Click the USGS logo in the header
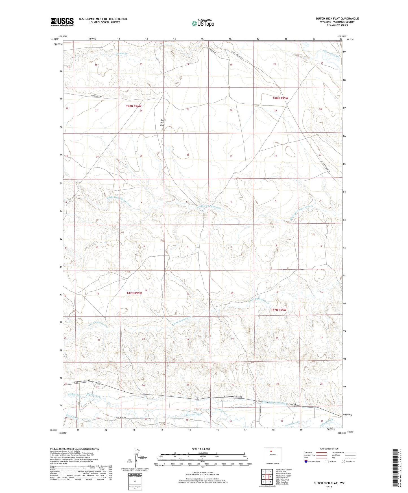pyautogui.click(x=62, y=22)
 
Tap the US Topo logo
pyautogui.click(x=203, y=23)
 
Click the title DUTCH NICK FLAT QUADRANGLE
pyautogui.click(x=337, y=19)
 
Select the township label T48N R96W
pyautogui.click(x=134, y=106)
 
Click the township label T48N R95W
pyautogui.click(x=280, y=98)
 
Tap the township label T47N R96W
pyautogui.click(x=134, y=293)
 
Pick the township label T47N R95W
pyautogui.click(x=279, y=310)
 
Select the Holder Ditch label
pyautogui.click(x=74, y=395)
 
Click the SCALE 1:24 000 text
pyautogui.click(x=201, y=449)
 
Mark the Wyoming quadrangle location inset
pyautogui.click(x=272, y=455)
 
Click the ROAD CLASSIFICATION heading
pyautogui.click(x=329, y=449)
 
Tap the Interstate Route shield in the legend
pyautogui.click(x=307, y=461)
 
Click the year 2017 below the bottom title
pyautogui.click(x=329, y=487)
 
